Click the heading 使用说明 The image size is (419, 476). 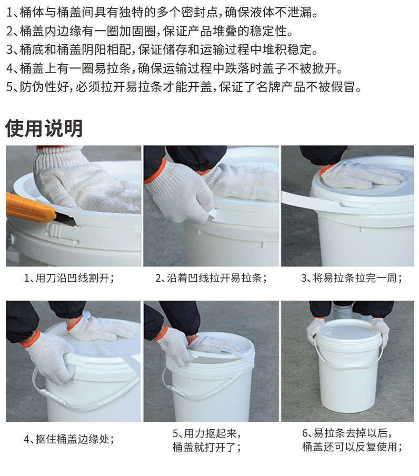point(44,128)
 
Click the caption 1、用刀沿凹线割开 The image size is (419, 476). point(69,278)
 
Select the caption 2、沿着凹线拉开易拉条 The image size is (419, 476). point(211,278)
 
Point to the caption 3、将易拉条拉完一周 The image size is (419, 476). point(352,278)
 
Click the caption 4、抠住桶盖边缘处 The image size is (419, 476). point(69,439)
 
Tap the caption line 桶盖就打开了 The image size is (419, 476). point(207,447)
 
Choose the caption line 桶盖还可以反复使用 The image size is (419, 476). point(352,447)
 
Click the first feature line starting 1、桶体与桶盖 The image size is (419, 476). point(162,13)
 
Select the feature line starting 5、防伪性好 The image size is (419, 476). point(184,87)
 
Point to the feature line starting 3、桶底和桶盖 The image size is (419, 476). point(162,50)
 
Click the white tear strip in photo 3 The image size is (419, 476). point(310,202)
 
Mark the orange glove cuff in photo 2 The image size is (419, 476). point(155,172)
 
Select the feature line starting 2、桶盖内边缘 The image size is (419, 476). point(150,31)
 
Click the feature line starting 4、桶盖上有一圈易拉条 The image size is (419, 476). point(175,68)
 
